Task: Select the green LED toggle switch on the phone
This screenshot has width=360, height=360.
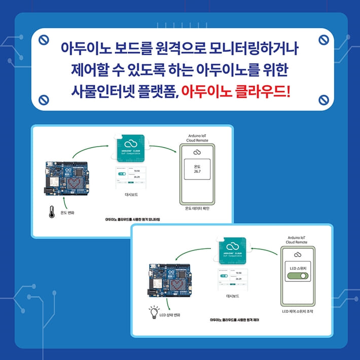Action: coord(298,277)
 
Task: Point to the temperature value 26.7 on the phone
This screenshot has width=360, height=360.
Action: coord(198,171)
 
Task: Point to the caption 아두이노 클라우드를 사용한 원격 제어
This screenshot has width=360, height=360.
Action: coord(235,320)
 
